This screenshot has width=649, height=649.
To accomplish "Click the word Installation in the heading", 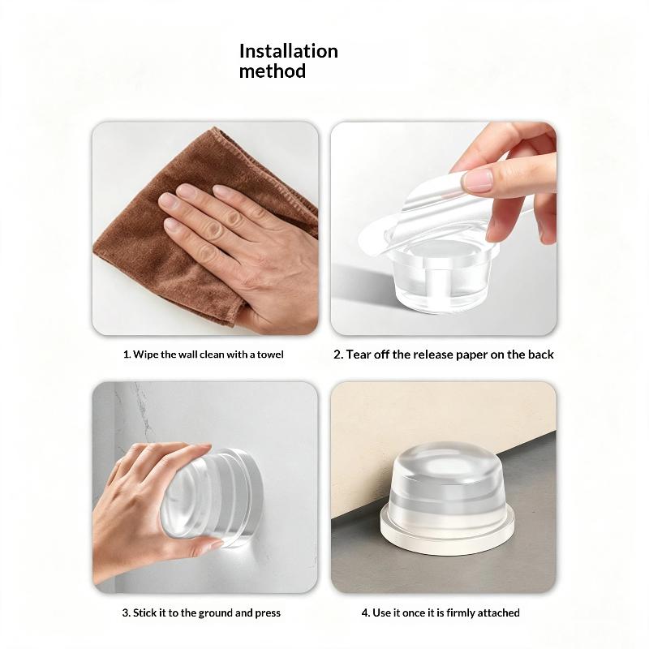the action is point(289,51).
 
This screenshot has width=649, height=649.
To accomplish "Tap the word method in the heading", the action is point(273,71).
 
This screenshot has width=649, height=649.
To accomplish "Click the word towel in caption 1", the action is point(270,355).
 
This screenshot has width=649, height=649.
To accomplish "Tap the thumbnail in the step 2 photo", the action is point(479,180).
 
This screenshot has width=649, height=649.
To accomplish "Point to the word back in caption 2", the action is point(541,355).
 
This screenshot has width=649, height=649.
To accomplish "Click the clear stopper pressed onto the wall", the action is point(215,496).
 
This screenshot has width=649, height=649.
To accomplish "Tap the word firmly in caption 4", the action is point(461,613).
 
